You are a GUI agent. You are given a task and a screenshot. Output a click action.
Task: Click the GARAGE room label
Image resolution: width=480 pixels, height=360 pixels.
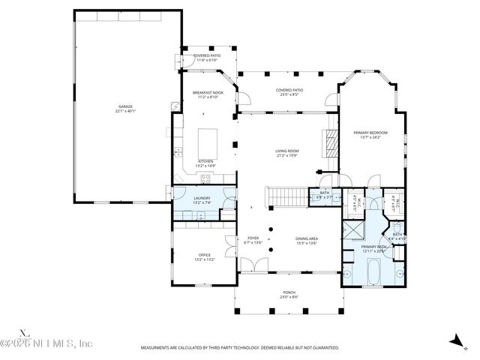pos(125,108)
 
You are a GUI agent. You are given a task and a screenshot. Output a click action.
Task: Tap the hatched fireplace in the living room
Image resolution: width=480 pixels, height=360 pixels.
pos(328,141)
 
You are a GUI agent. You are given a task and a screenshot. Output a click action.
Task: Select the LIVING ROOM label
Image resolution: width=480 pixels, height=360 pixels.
pos(287,152)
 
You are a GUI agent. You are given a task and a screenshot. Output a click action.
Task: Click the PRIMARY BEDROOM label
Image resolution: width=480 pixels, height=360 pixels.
pos(370,134)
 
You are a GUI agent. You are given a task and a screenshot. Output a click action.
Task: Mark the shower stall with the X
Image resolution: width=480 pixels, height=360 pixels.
pos(353,229)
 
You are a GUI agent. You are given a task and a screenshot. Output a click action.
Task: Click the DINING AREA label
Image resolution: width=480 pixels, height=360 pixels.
pos(306,240)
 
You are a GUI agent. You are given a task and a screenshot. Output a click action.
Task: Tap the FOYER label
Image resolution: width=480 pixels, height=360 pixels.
pos(253,240)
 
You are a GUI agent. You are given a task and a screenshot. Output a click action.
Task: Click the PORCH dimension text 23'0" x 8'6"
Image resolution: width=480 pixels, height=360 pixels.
pos(290,298)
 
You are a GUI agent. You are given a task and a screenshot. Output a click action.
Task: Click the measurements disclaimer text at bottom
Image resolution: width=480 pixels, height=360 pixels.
pos(239,348)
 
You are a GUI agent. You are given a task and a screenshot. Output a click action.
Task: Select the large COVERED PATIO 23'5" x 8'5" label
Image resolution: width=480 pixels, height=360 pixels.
pos(287,92)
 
